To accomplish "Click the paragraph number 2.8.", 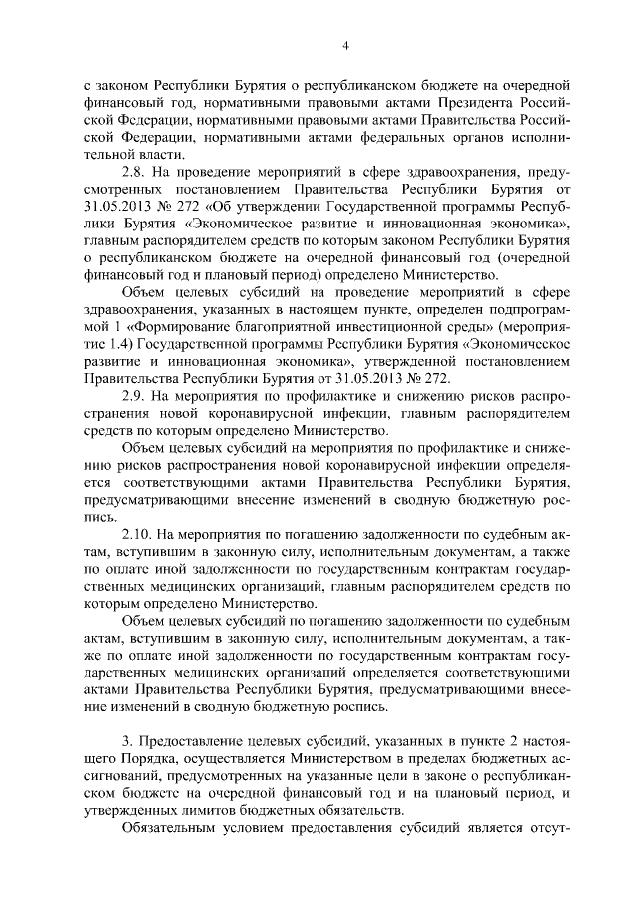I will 133,173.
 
